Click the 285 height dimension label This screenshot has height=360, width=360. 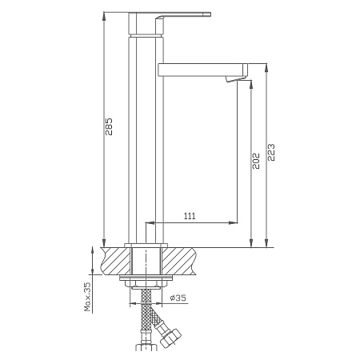pos(109,126)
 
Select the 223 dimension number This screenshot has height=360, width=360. pos(271,152)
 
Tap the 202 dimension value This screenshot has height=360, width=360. pos(256,161)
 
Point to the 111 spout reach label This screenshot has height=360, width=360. pos(190,216)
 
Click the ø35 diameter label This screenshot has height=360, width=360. pos(178,298)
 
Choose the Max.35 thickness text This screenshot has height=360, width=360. pos(87,297)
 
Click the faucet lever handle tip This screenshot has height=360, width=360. pos(209,14)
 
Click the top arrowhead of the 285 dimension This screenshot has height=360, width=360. pos(104,16)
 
